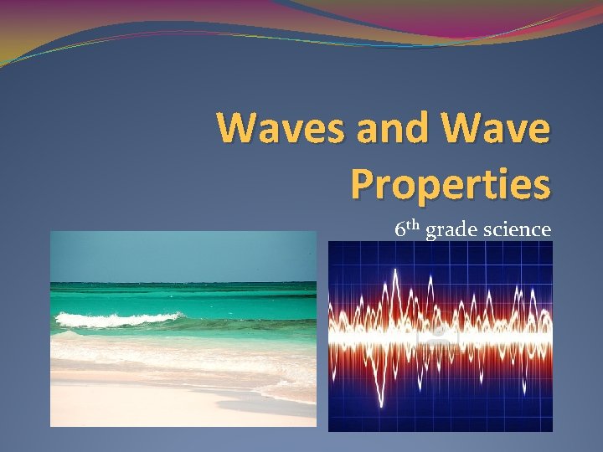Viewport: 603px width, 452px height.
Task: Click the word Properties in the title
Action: tap(451, 184)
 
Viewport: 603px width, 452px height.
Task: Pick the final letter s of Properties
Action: tap(542, 186)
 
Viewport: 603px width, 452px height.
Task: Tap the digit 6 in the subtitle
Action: tap(400, 229)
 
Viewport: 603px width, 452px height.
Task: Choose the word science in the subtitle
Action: tap(516, 229)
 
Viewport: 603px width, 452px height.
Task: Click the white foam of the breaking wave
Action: tap(117, 319)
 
